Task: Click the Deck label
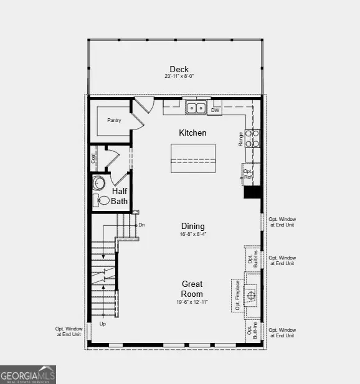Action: (179, 69)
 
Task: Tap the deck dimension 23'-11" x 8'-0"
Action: (179, 77)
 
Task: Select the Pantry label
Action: (113, 120)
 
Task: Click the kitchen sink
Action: (196, 108)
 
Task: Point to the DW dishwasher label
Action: (215, 111)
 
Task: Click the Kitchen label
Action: (192, 133)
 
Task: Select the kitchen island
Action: (193, 158)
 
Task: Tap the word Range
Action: (240, 139)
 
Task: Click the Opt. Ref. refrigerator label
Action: (248, 174)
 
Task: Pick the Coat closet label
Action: (94, 159)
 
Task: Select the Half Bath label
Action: (120, 197)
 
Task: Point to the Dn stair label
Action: (141, 224)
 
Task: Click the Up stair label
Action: (103, 324)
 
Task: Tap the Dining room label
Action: (192, 227)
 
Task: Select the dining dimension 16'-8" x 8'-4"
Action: (192, 235)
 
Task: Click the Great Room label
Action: (192, 289)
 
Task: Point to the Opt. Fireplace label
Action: (237, 294)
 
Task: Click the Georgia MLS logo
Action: (28, 375)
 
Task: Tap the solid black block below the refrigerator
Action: (252, 193)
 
